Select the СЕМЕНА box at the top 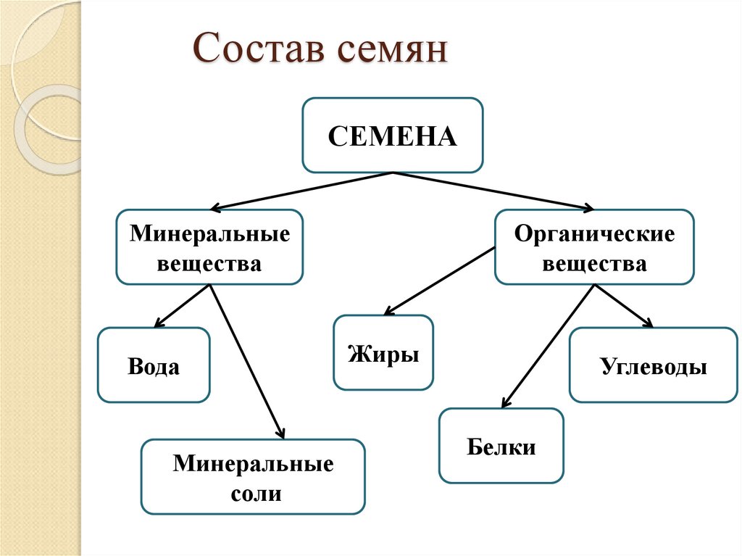click(x=392, y=136)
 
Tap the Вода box click(x=154, y=365)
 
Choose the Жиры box click(x=383, y=353)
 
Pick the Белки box click(x=501, y=446)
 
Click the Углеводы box click(x=653, y=365)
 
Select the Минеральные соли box click(x=252, y=476)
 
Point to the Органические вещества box click(x=594, y=247)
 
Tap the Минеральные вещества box click(x=209, y=247)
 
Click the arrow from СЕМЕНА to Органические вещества click(x=493, y=190)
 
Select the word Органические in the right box click(x=594, y=235)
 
